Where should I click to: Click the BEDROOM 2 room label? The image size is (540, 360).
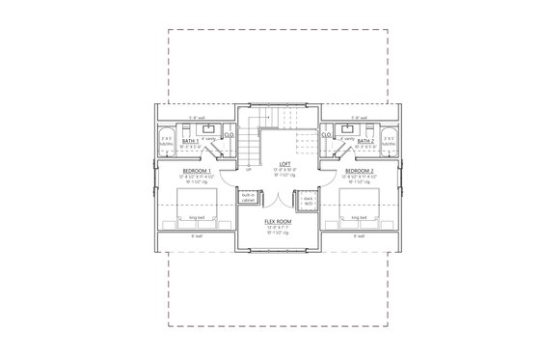pos(360,170)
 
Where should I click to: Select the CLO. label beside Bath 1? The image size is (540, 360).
pos(229,136)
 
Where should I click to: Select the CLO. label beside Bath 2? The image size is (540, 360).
pos(326,136)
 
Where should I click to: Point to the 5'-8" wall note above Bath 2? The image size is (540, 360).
pos(360,118)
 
